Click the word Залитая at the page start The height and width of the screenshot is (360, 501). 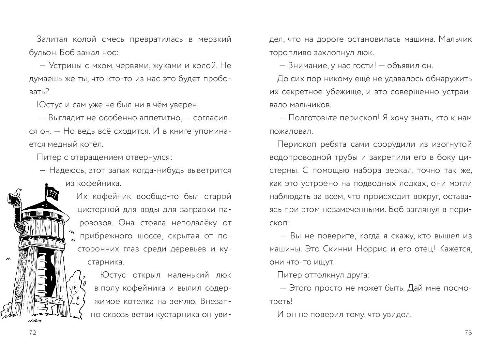coord(52,39)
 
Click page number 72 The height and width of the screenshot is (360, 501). coord(33,333)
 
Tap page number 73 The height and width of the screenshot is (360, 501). coord(468,333)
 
